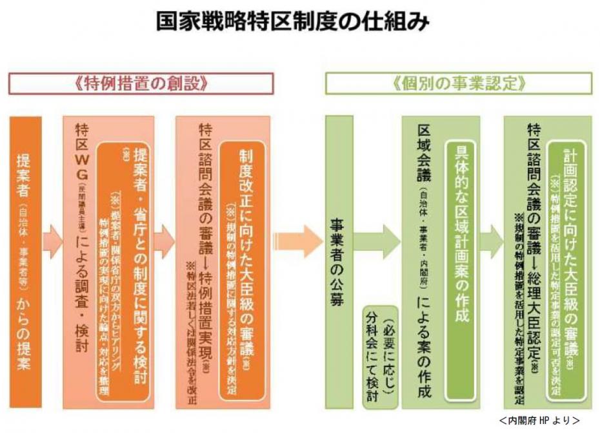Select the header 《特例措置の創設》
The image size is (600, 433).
pyautogui.click(x=141, y=83)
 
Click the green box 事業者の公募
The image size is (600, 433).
pyautogui.click(x=338, y=259)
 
